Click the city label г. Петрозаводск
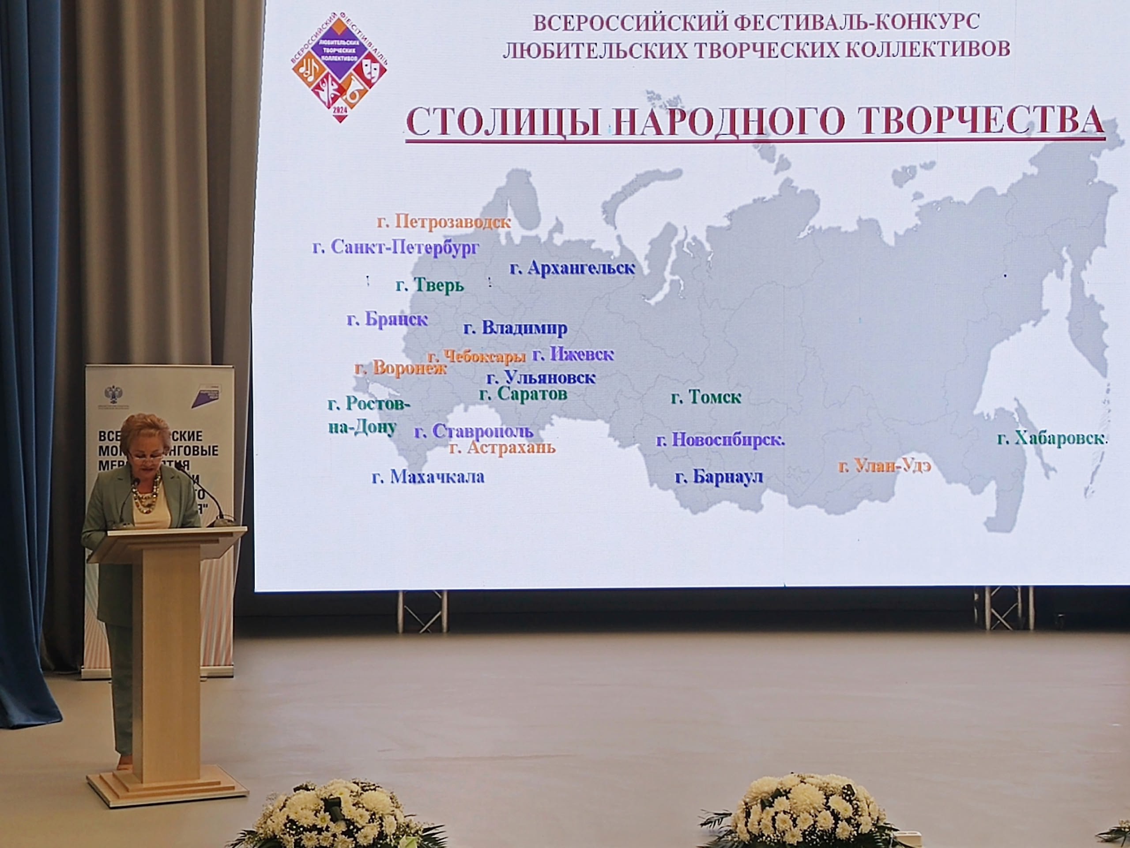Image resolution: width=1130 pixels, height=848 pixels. [444, 222]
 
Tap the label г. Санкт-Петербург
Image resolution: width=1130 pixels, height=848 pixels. [396, 248]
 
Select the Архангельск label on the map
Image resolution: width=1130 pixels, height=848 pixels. [572, 268]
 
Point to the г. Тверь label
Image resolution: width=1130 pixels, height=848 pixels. [429, 285]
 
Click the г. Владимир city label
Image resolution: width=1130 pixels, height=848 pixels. [515, 328]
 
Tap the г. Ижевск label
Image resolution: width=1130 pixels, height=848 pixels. [573, 354]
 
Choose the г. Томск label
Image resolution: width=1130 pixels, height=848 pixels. [705, 397]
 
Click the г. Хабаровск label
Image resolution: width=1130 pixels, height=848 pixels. [1051, 439]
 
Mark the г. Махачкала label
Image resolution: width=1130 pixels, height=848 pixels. [428, 477]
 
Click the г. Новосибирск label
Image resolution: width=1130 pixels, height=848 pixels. [720, 439]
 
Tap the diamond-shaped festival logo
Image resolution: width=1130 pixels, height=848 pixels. [339, 69]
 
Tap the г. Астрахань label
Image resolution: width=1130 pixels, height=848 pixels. [501, 448]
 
